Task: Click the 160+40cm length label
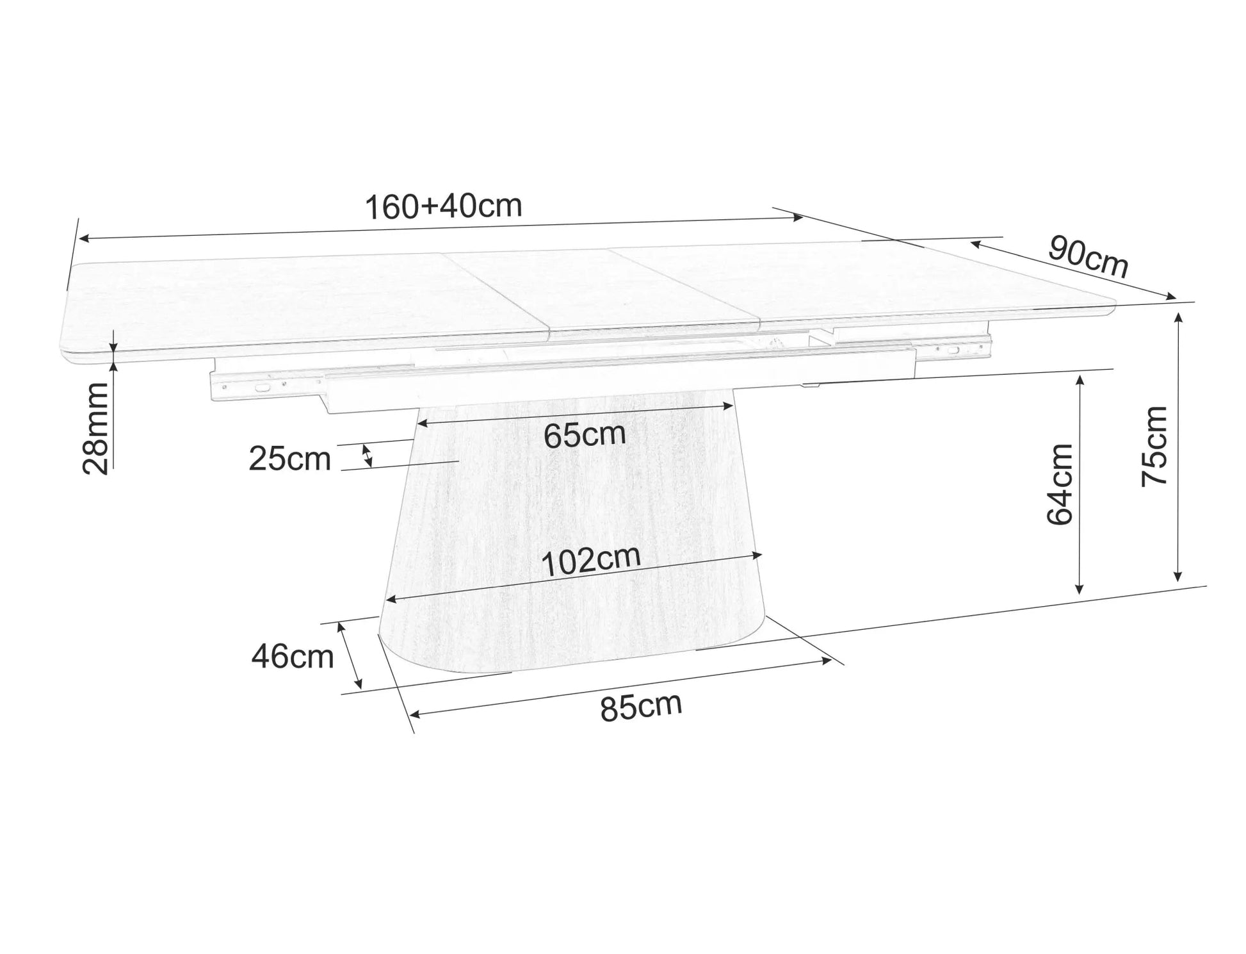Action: pos(443,206)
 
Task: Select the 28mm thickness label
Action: pos(97,429)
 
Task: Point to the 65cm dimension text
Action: pos(584,435)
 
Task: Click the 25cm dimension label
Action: pos(289,459)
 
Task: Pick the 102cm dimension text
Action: pos(590,561)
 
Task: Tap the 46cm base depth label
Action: pos(292,657)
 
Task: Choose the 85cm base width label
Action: pos(641,707)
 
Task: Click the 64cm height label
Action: pos(1060,484)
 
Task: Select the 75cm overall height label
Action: pos(1155,447)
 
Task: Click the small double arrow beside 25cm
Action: pos(368,456)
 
